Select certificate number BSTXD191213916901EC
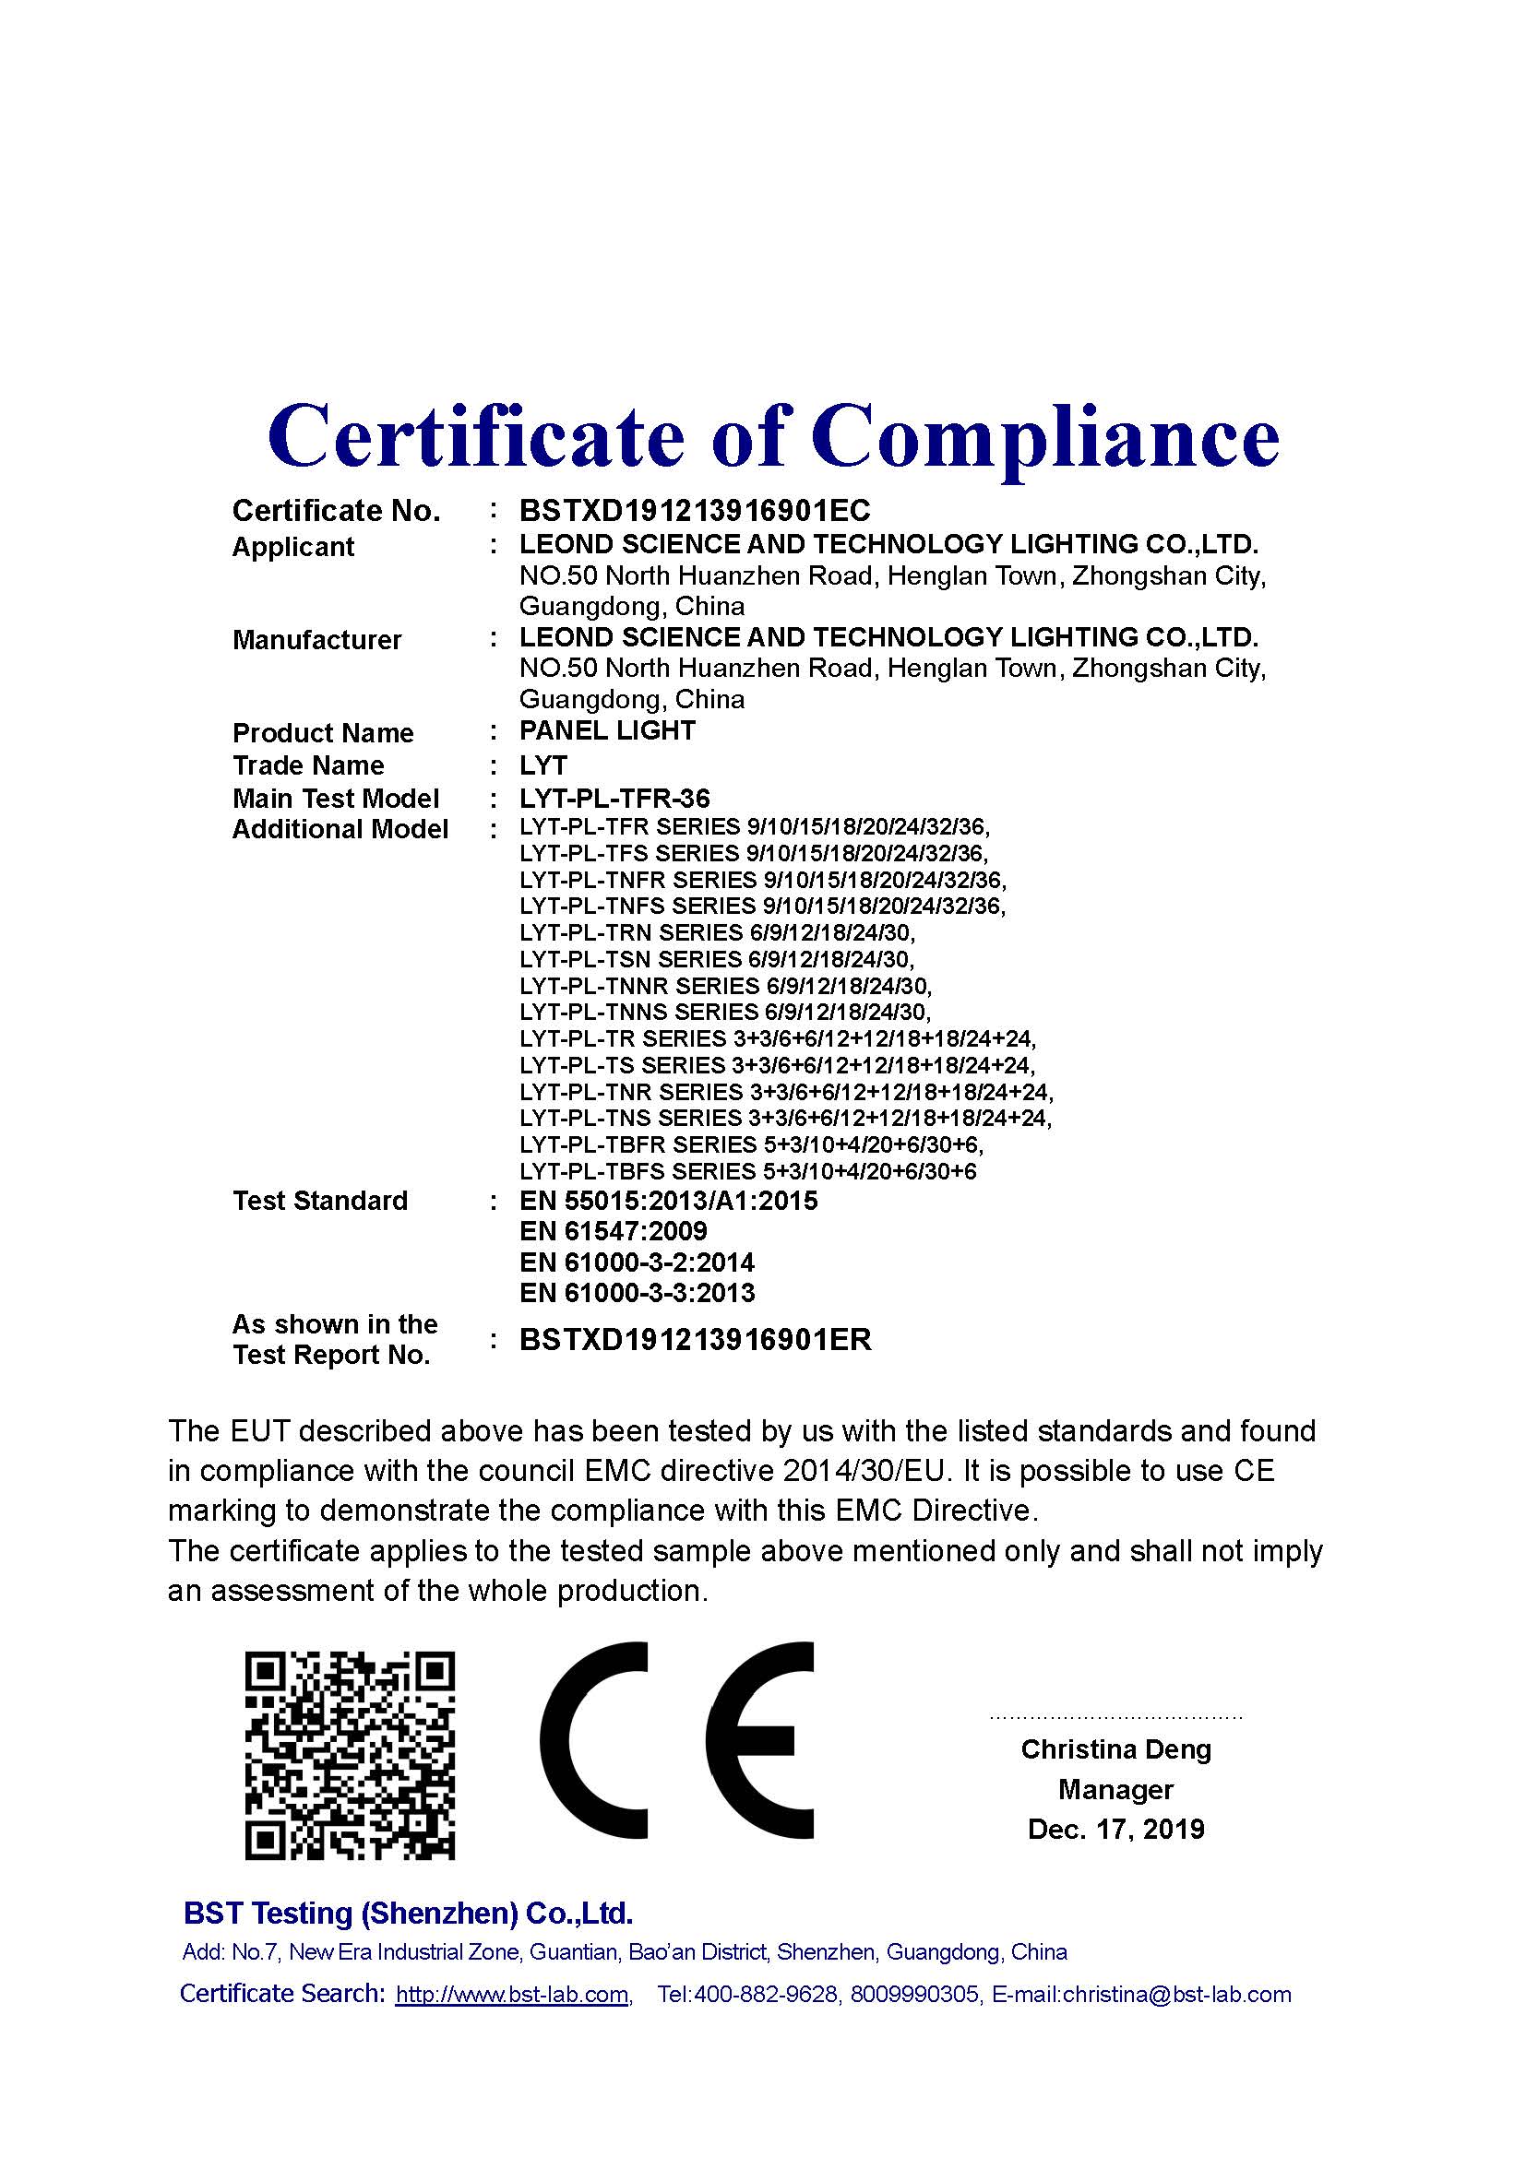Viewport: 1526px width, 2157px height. pyautogui.click(x=695, y=510)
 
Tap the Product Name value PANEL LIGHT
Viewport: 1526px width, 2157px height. pyautogui.click(x=607, y=730)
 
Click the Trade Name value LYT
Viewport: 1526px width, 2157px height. pyautogui.click(x=543, y=764)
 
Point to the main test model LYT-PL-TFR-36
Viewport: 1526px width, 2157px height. pyautogui.click(x=614, y=799)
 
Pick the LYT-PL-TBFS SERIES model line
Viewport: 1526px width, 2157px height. pyautogui.click(x=747, y=1171)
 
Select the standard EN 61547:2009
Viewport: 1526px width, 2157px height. pyautogui.click(x=613, y=1231)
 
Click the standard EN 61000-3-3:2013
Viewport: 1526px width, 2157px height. pyautogui.click(x=637, y=1293)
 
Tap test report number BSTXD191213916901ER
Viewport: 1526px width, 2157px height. pyautogui.click(x=696, y=1340)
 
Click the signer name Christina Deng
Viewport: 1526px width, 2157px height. pyautogui.click(x=1115, y=1749)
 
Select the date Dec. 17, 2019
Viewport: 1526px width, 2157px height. pyautogui.click(x=1115, y=1829)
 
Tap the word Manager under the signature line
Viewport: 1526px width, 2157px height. pyautogui.click(x=1115, y=1790)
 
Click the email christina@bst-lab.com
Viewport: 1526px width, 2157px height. pyautogui.click(x=1176, y=1995)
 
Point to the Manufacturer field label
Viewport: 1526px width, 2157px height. pyautogui.click(x=316, y=640)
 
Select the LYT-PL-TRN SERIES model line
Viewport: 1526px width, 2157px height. pyautogui.click(x=716, y=933)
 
